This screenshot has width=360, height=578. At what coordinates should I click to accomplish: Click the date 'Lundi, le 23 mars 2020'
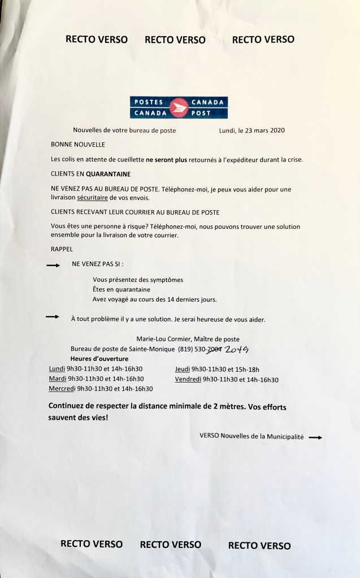(x=251, y=130)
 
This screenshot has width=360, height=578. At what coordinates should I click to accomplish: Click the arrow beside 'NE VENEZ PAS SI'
(x=53, y=264)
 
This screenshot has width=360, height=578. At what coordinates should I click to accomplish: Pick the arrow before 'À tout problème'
(x=53, y=317)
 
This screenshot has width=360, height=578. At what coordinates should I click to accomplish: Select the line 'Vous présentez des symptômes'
(x=137, y=280)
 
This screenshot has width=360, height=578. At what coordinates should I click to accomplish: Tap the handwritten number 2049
(x=237, y=350)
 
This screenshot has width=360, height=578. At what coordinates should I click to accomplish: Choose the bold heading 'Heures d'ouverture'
(x=99, y=359)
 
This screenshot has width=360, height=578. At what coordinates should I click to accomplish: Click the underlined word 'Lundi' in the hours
(x=58, y=369)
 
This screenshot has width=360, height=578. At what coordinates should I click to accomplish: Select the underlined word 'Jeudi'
(x=183, y=369)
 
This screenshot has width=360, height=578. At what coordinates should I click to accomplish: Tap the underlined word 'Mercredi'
(x=63, y=389)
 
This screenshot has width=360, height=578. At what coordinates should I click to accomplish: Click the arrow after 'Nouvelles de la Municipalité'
(x=315, y=437)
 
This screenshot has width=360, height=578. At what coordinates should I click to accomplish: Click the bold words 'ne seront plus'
(x=168, y=160)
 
